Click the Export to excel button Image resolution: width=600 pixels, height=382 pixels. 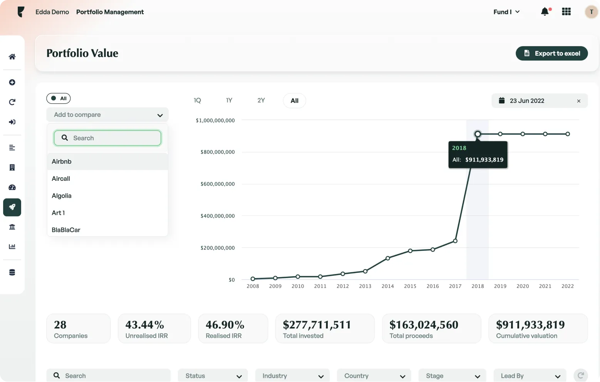(x=551, y=54)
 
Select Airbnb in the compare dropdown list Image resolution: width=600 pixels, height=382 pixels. (x=62, y=162)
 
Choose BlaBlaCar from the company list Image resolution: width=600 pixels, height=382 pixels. (x=66, y=230)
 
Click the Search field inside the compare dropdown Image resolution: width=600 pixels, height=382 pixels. (x=108, y=138)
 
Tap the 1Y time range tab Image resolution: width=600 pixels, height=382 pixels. (x=229, y=101)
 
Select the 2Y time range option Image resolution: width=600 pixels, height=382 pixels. (x=261, y=101)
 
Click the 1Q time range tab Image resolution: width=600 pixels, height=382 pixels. (x=197, y=101)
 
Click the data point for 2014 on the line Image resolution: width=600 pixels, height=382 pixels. (x=388, y=258)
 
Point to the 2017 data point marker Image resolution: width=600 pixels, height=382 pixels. (x=455, y=241)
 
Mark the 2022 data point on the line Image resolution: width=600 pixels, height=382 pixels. (x=568, y=134)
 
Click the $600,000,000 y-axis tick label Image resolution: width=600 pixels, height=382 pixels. (x=218, y=184)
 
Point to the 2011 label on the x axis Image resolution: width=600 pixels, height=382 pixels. (x=320, y=286)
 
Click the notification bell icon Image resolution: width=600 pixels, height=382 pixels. (x=545, y=12)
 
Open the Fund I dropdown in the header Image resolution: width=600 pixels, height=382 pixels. (x=506, y=12)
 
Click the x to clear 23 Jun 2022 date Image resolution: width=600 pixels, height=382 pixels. (x=578, y=101)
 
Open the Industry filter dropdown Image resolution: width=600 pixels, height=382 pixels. (x=292, y=376)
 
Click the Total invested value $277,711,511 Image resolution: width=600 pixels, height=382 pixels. (x=317, y=325)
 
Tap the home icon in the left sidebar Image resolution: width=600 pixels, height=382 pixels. (x=12, y=57)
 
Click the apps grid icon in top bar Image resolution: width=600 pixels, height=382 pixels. (x=566, y=12)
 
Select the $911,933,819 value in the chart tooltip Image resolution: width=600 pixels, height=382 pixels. (x=484, y=160)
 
